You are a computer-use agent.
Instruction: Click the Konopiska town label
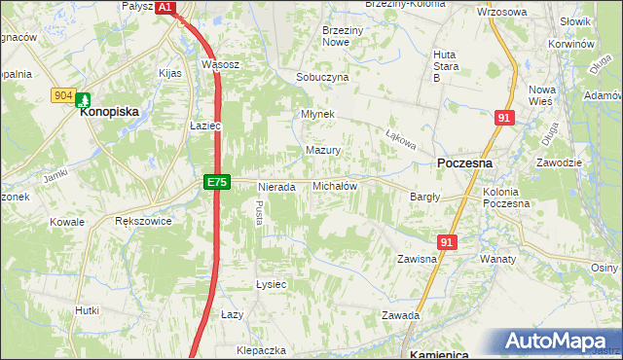point(110,112)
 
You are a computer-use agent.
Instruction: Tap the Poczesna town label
point(464,163)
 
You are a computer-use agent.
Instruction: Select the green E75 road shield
point(217,182)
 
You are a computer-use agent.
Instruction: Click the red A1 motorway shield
point(165,7)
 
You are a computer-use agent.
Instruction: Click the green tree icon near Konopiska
point(84,99)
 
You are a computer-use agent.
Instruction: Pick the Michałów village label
point(335,185)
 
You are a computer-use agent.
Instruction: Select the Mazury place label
point(323,151)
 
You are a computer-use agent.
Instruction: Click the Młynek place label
point(318,113)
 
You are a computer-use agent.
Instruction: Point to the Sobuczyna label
point(322,77)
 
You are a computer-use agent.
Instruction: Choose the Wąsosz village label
point(220,64)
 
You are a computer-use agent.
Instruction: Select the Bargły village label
point(425,196)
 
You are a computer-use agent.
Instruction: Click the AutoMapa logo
point(559,342)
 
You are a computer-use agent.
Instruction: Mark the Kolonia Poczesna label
point(506,198)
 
